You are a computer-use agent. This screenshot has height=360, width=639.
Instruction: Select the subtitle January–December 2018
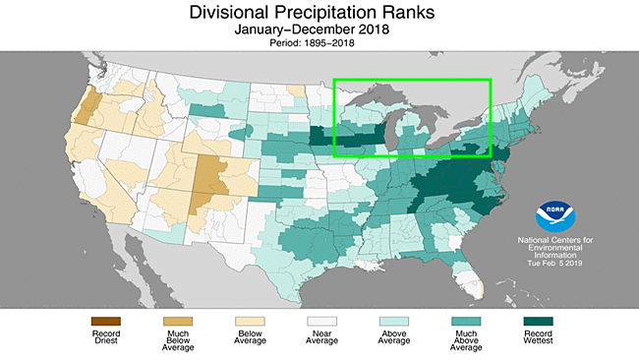pyautogui.click(x=319, y=32)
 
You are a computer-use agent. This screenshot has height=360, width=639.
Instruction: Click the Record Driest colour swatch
pyautogui.click(x=102, y=322)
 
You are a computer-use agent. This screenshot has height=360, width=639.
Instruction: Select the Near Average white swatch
pyautogui.click(x=319, y=322)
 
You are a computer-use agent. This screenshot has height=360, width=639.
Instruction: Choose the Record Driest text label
pyautogui.click(x=102, y=337)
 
